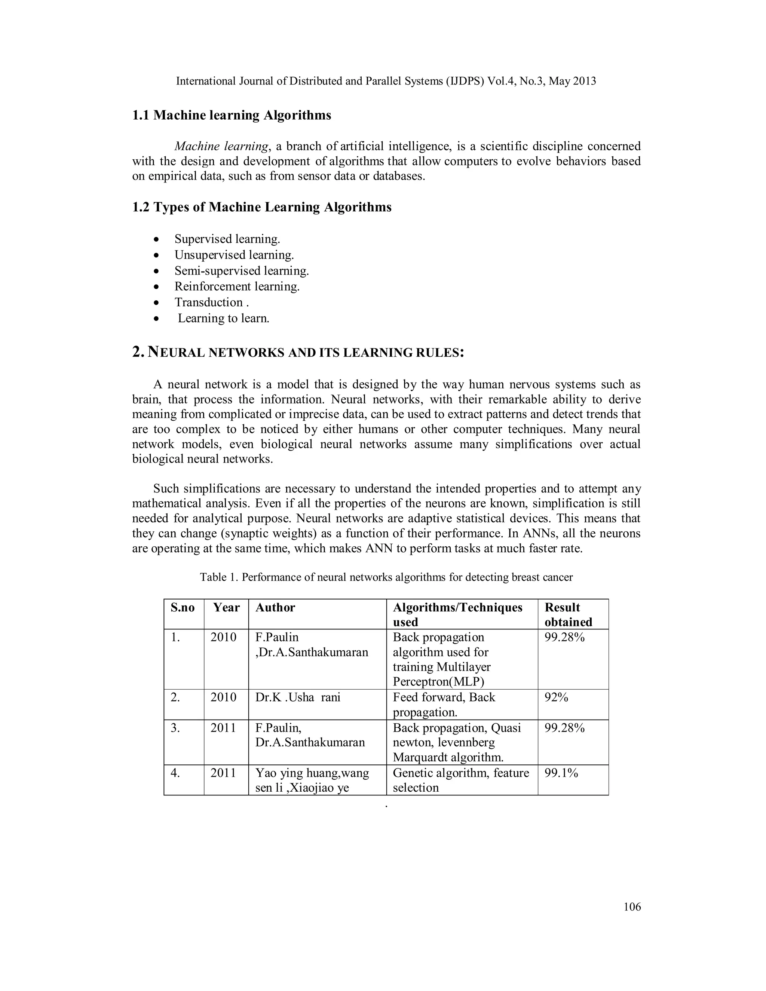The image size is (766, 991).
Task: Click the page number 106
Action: click(x=632, y=906)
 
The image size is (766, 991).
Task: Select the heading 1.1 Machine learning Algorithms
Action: click(x=232, y=115)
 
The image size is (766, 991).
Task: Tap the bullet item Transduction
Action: click(x=209, y=302)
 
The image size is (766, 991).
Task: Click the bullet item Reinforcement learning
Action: click(x=237, y=286)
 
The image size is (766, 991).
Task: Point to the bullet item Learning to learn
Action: click(x=223, y=318)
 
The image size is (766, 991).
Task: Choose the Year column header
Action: click(x=226, y=608)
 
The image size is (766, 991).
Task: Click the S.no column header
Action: click(x=183, y=608)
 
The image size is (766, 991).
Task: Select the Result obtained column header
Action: click(x=568, y=614)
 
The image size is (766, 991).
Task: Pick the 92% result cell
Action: click(x=556, y=697)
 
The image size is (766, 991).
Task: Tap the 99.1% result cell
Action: click(x=561, y=773)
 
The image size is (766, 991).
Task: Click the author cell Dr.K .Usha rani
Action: click(x=298, y=697)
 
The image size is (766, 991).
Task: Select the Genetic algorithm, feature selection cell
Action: click(x=460, y=780)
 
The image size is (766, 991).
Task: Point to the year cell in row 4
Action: click(x=223, y=773)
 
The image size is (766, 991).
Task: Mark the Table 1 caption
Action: click(x=386, y=577)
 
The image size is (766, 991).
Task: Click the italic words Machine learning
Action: click(x=221, y=146)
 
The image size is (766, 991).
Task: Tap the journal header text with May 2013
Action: click(x=386, y=81)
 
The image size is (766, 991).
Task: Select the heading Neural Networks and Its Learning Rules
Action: click(x=298, y=353)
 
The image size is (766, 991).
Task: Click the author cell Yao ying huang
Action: click(x=312, y=780)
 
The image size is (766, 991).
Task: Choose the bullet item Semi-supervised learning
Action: click(x=241, y=271)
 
